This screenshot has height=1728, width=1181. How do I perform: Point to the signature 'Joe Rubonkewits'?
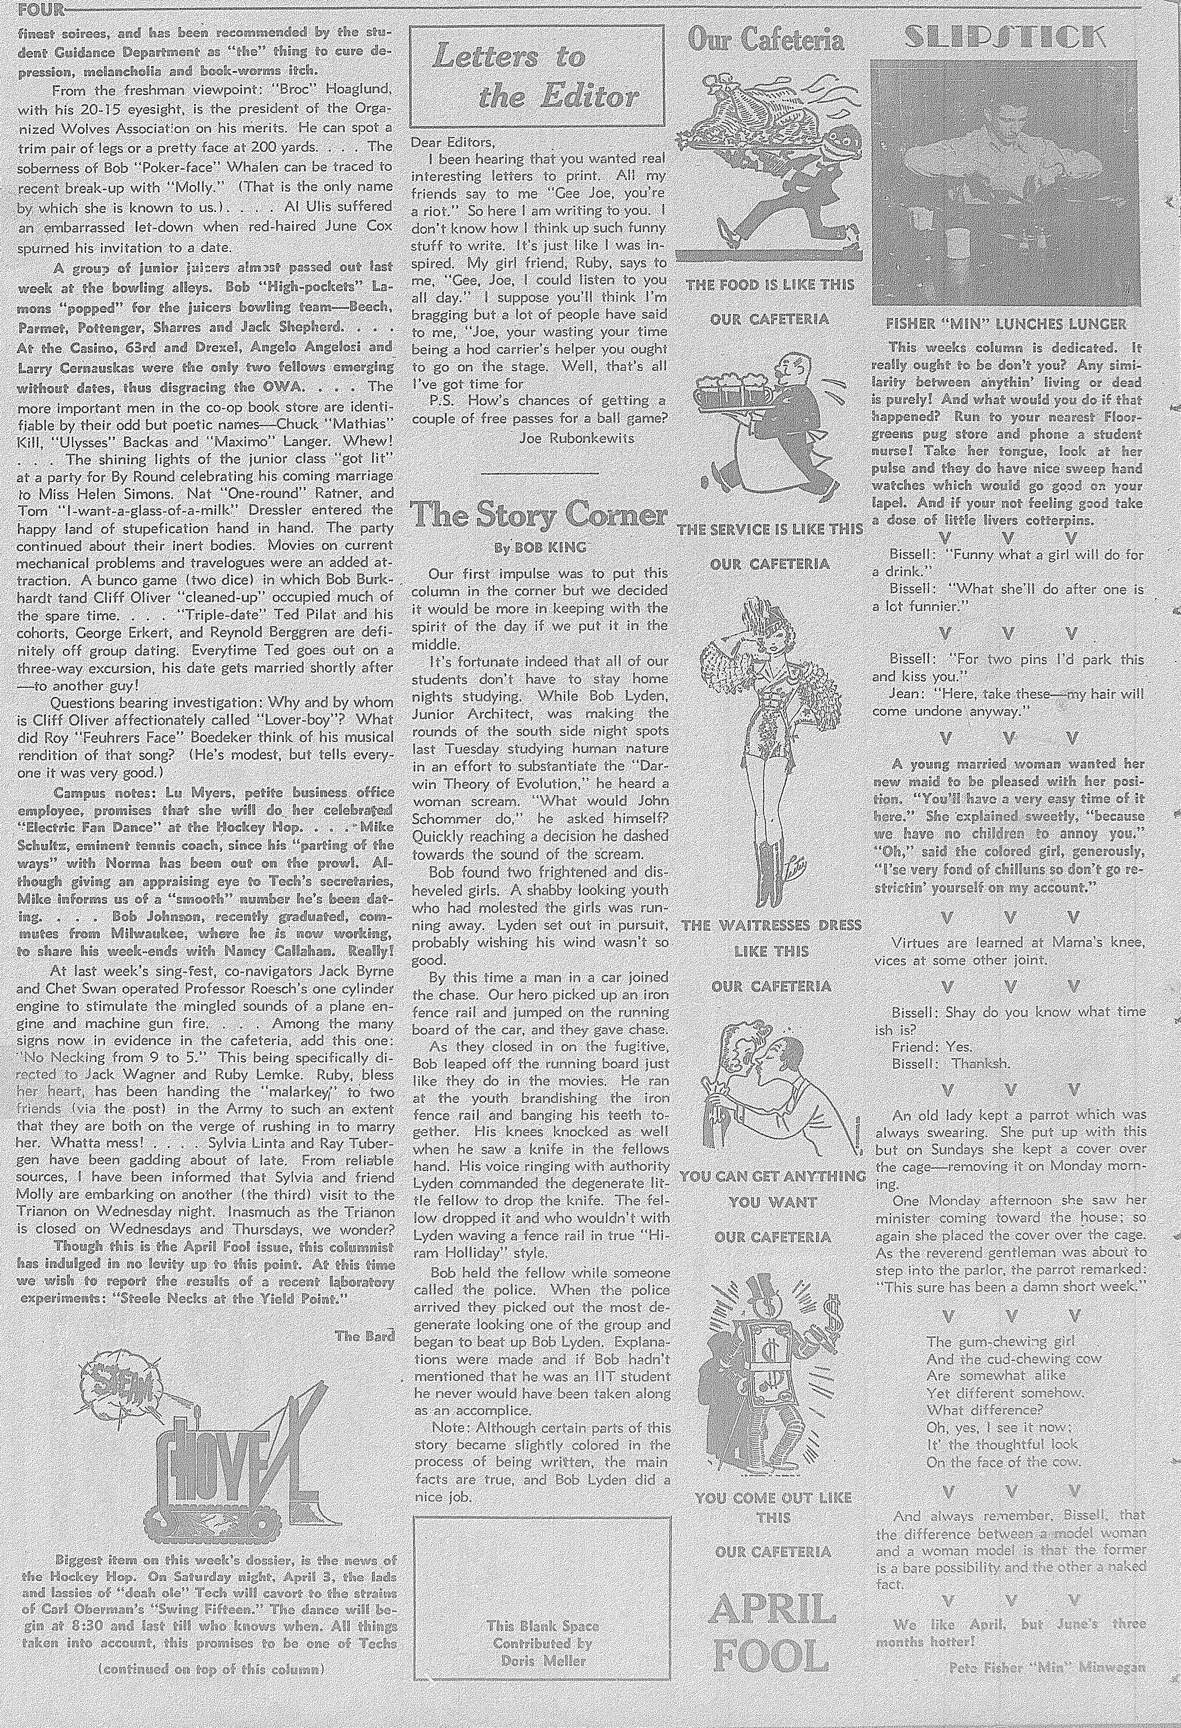pos(577,438)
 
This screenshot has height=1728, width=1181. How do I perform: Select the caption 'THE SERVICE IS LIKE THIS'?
pos(770,530)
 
